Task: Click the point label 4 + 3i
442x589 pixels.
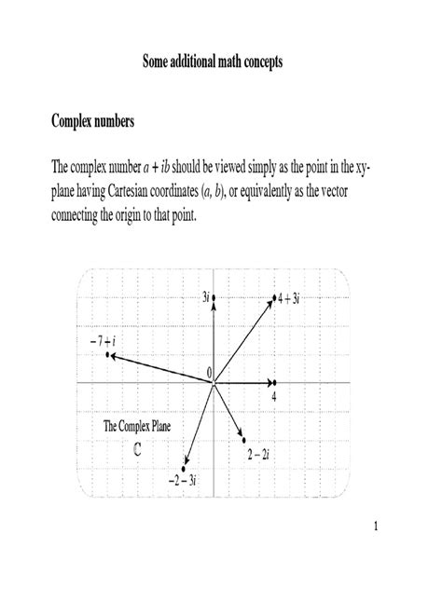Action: point(289,298)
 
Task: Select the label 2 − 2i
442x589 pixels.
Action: point(258,454)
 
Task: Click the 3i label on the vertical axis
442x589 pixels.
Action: point(204,297)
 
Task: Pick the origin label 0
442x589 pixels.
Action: point(210,373)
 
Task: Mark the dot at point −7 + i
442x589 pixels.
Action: point(109,355)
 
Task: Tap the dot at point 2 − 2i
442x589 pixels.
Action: point(243,440)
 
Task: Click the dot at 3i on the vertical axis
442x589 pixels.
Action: point(214,297)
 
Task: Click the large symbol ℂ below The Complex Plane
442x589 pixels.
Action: point(137,447)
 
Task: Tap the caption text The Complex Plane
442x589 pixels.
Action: point(137,427)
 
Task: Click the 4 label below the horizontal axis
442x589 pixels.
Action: point(274,397)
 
